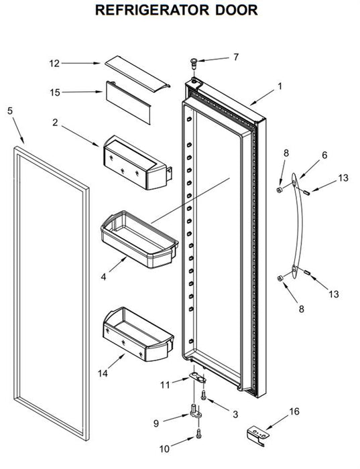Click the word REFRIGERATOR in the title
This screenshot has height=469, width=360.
point(152,10)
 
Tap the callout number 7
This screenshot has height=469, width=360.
point(237,57)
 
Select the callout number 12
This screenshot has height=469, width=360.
point(54,64)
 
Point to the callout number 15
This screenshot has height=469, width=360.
point(55,92)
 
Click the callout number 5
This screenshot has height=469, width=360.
point(10,111)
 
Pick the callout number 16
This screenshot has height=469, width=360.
point(294,411)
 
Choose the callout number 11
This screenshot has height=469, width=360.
point(165,385)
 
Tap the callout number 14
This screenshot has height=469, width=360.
point(103,373)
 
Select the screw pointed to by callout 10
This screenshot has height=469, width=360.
point(198,433)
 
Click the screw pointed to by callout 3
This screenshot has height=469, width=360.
point(204,395)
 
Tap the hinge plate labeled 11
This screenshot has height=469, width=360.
point(198,377)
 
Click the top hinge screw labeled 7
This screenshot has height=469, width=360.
point(194,63)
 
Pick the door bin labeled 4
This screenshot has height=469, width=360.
point(139,239)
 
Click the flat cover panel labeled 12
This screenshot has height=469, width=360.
point(137,73)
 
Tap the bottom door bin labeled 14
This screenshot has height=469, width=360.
point(138,334)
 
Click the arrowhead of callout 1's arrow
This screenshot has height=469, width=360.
point(251,105)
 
